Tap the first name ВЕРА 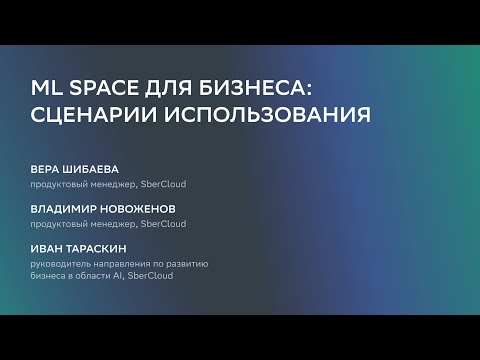point(46,170)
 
